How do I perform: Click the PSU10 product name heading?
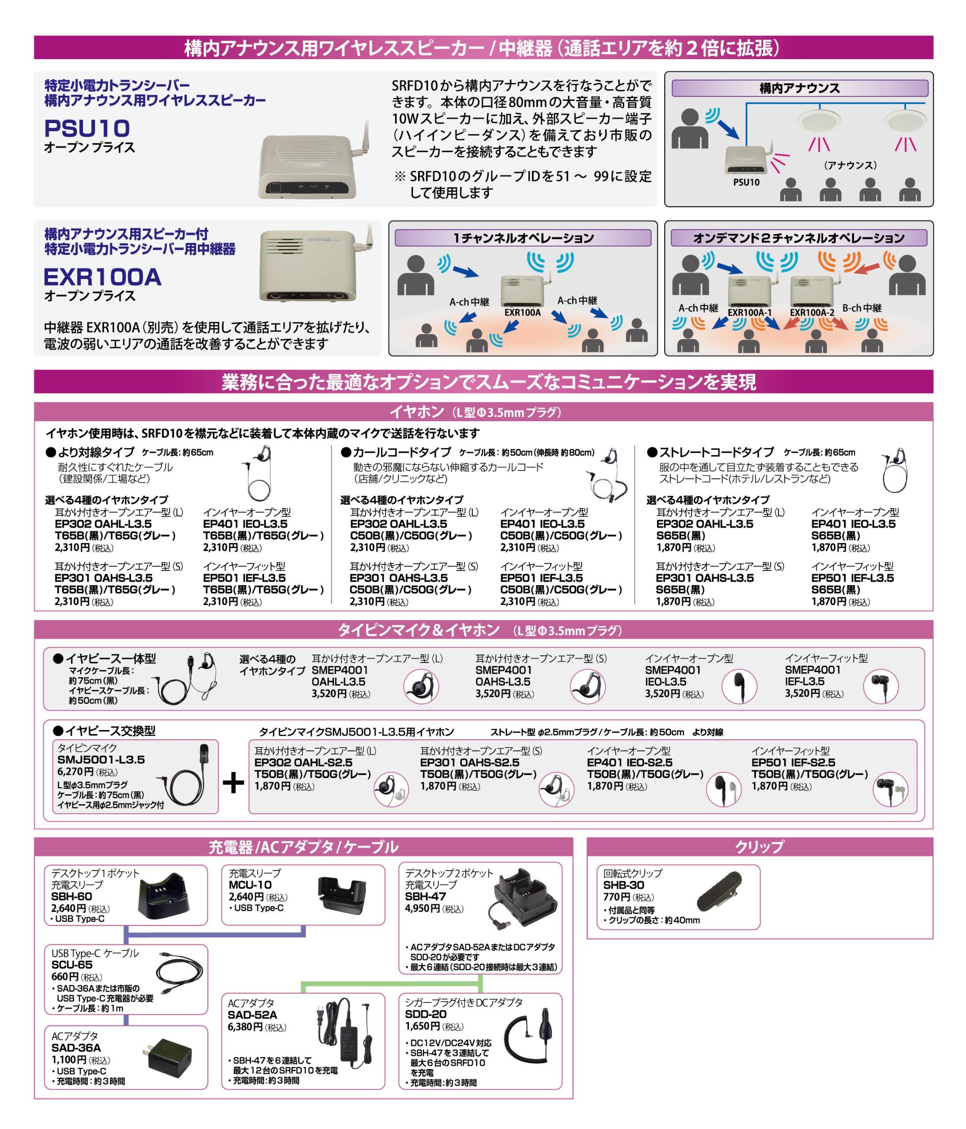[87, 129]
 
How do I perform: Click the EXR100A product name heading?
[102, 277]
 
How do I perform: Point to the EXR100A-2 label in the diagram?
[812, 313]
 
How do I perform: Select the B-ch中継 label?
[862, 308]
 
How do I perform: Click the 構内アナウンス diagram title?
[799, 88]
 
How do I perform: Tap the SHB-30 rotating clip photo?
[719, 891]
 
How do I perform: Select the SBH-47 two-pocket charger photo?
[522, 899]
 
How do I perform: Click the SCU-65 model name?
[72, 965]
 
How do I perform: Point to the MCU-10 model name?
[250, 885]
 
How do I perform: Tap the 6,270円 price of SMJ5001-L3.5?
[75, 771]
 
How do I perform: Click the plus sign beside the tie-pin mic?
[233, 783]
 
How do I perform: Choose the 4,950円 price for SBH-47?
[422, 908]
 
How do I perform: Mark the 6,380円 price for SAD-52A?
[245, 1027]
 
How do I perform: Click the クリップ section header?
[760, 847]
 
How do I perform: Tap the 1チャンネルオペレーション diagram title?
[523, 238]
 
